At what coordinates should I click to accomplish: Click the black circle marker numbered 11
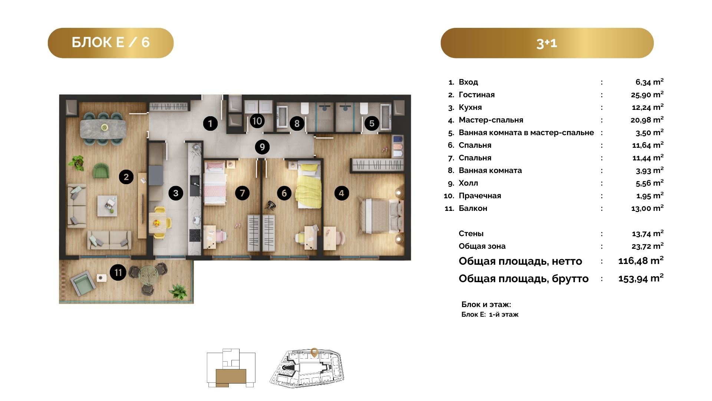(118, 273)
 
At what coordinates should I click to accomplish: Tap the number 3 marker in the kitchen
(176, 193)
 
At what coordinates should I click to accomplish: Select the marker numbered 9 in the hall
(262, 147)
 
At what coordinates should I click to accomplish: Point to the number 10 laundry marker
(257, 121)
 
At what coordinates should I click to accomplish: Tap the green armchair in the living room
(101, 170)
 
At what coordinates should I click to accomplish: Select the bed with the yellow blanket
(309, 186)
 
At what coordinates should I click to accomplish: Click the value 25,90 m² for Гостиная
(647, 94)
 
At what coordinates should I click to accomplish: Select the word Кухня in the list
(470, 107)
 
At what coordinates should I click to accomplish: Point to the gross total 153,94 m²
(641, 278)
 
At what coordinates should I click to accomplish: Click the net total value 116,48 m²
(641, 261)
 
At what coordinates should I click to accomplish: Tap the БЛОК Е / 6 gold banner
(111, 43)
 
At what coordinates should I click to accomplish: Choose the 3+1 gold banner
(547, 43)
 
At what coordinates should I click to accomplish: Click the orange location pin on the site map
(314, 352)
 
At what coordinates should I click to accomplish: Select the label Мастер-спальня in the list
(491, 120)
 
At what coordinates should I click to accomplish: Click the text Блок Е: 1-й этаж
(490, 314)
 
